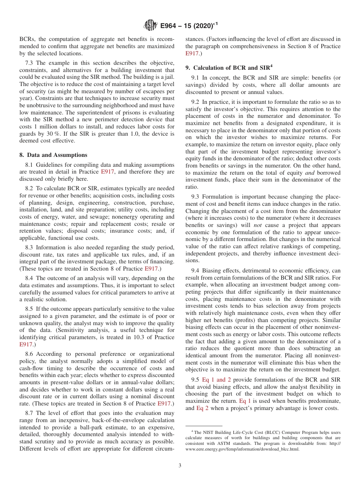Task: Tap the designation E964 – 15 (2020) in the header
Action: coord(189,26)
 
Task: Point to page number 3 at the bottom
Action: coord(180,465)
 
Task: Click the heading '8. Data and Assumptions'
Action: coord(53,155)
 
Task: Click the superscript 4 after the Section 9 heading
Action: coord(271,67)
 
